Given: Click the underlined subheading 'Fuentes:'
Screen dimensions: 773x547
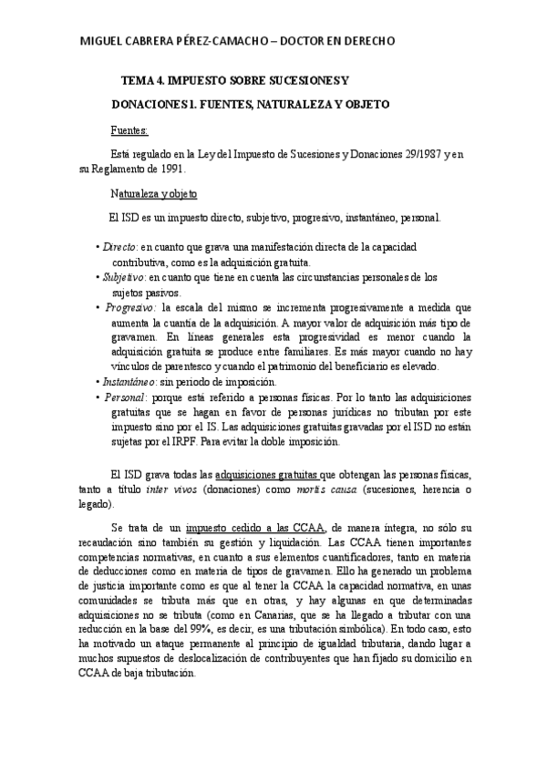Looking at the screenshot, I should click(x=129, y=130).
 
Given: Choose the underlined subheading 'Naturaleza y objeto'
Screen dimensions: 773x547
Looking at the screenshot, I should click(x=153, y=194).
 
